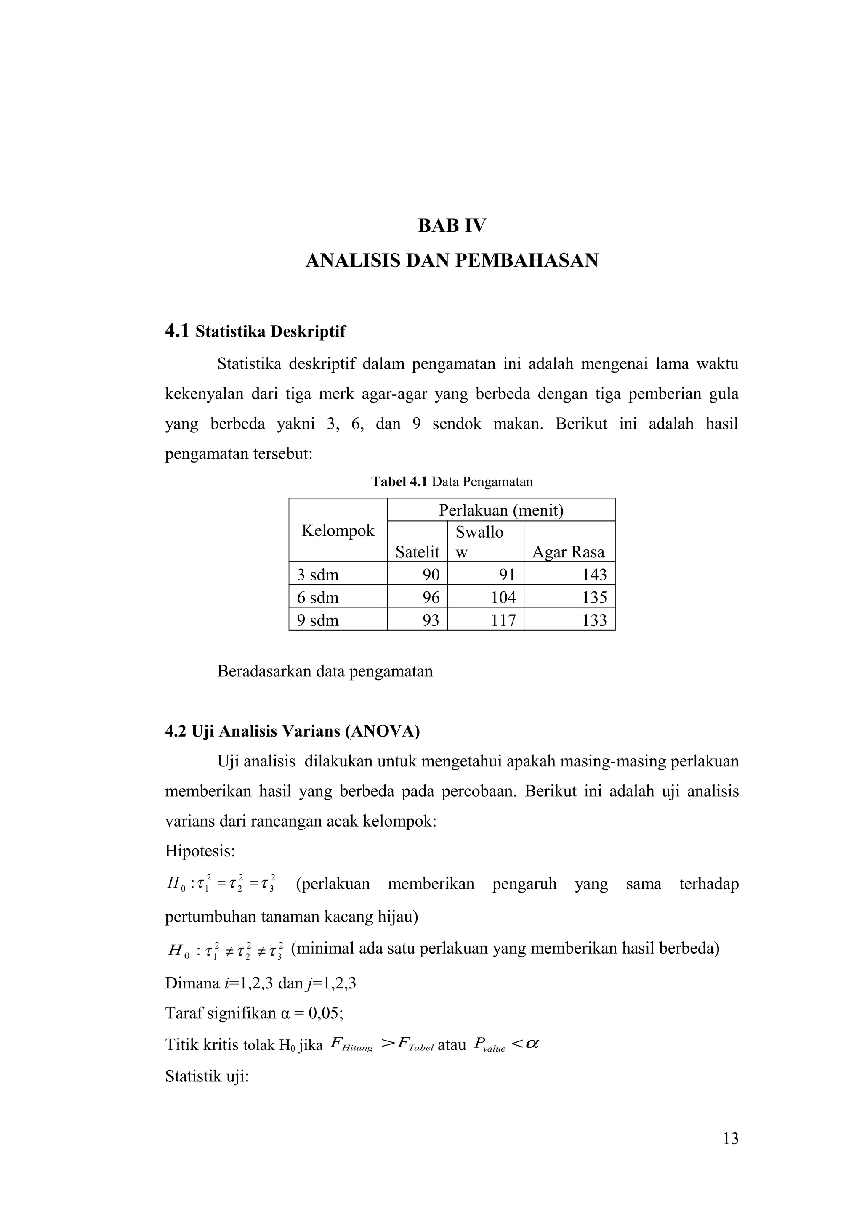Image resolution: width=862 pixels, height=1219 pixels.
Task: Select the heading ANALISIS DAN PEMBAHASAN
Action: pos(452,261)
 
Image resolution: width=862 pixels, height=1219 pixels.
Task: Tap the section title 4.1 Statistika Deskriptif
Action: pos(255,331)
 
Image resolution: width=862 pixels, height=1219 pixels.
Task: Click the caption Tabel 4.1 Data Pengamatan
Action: pos(452,482)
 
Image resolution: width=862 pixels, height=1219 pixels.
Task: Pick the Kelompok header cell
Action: pos(338,530)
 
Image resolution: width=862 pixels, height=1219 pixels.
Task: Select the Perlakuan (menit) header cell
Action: pos(501,510)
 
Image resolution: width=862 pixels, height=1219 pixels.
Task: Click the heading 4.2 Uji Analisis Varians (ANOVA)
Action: pos(292,731)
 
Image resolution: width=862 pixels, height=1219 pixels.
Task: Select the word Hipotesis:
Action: pos(200,851)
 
